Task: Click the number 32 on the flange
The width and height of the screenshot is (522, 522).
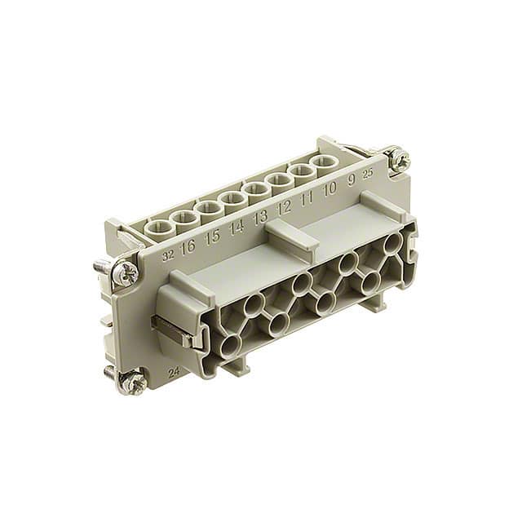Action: [x=169, y=254]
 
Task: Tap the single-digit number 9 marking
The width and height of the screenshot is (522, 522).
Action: [x=352, y=180]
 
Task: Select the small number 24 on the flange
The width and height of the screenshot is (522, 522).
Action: [x=173, y=372]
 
